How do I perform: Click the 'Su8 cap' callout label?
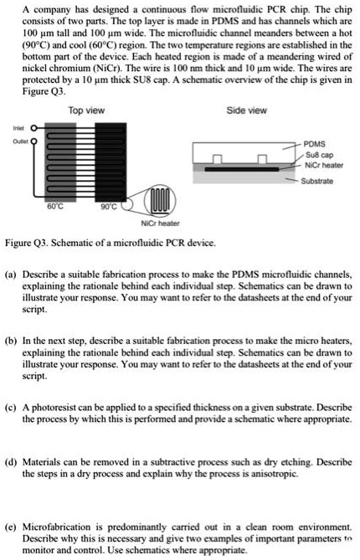coord(318,154)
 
